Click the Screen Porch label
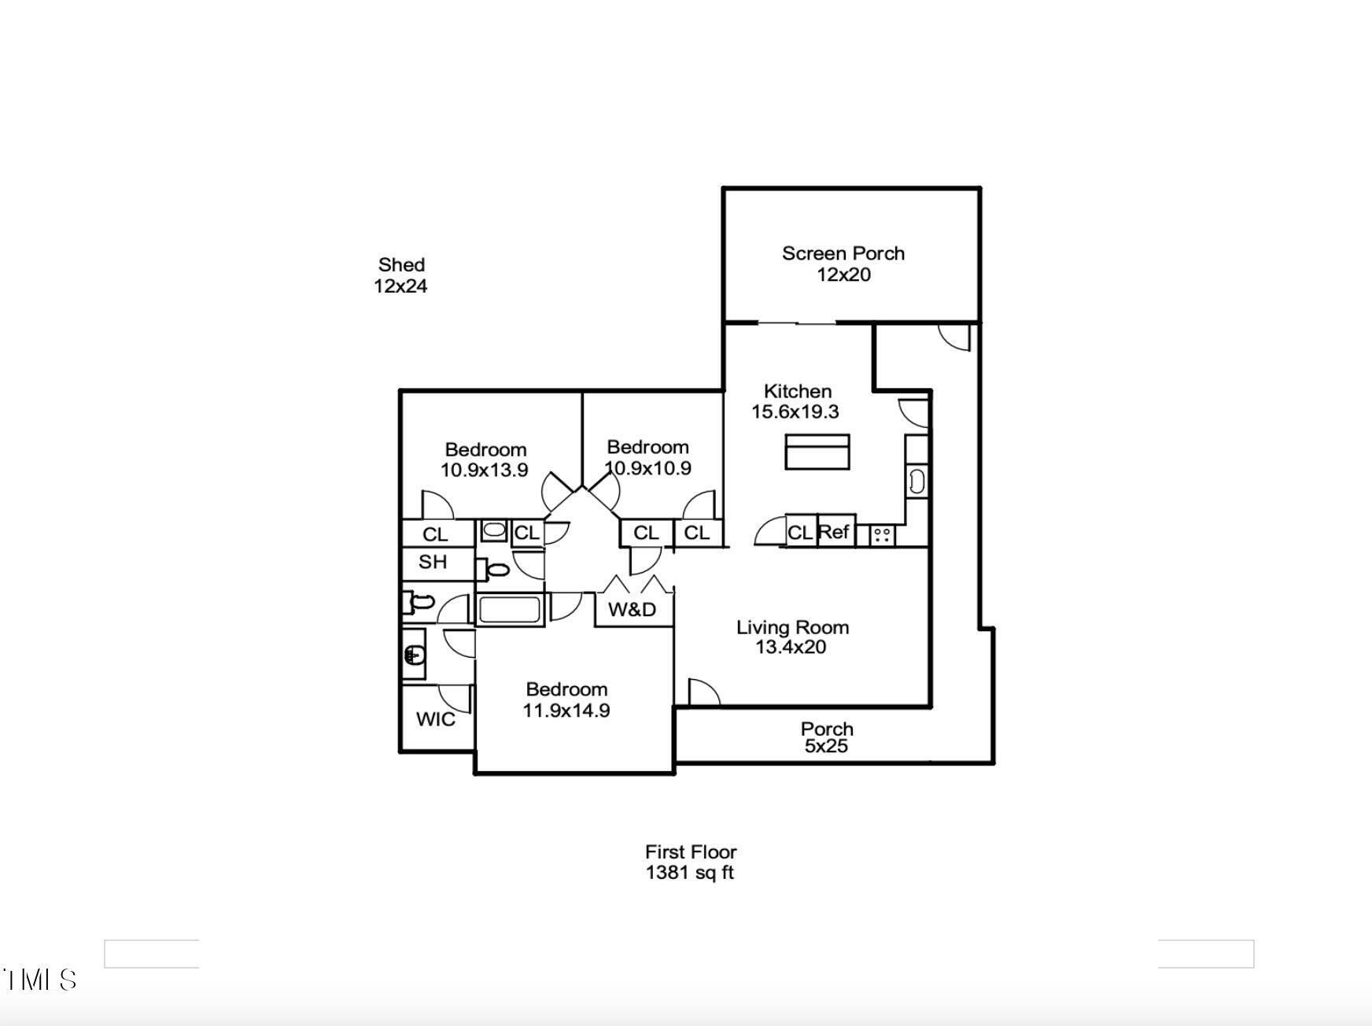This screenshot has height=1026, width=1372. (x=843, y=264)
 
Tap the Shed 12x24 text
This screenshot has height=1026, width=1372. (x=400, y=275)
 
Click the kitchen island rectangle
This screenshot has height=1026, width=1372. (x=817, y=452)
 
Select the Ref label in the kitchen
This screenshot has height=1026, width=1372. (x=833, y=532)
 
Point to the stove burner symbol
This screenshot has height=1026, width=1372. (x=882, y=536)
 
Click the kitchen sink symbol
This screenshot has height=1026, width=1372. (x=917, y=481)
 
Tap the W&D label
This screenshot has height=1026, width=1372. (x=632, y=610)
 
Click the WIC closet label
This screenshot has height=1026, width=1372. (x=435, y=719)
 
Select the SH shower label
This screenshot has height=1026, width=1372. (x=433, y=562)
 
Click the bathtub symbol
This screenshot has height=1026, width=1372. (x=509, y=610)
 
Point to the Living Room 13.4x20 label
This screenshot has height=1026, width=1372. (x=791, y=637)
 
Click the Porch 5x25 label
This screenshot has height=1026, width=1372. (x=826, y=737)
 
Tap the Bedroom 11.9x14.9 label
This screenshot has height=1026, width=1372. (x=566, y=699)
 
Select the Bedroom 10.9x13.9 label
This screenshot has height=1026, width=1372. (x=485, y=459)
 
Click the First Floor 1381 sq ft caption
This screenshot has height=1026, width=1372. (x=690, y=862)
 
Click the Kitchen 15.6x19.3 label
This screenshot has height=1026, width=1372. (x=796, y=401)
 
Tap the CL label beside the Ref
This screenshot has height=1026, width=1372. (x=799, y=533)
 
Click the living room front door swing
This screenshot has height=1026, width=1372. (x=703, y=692)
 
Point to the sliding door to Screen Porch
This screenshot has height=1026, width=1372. (x=796, y=323)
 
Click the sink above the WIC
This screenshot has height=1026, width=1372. (x=414, y=654)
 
